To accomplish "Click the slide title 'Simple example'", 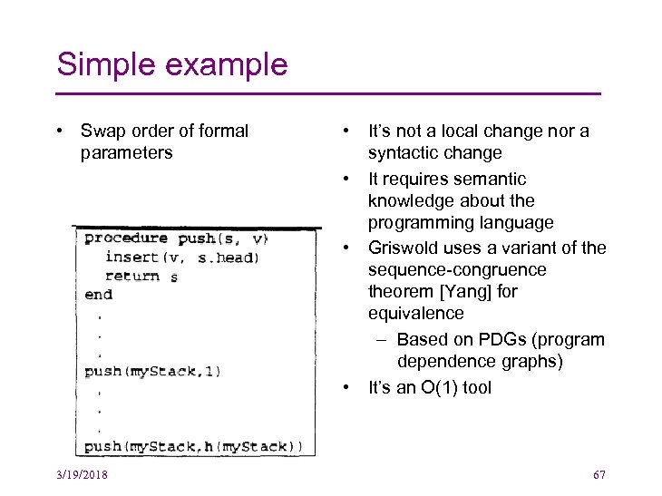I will (x=172, y=64).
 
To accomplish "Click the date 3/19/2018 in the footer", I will (x=82, y=475).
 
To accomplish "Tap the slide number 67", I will (x=599, y=475).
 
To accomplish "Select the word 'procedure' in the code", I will (x=125, y=238).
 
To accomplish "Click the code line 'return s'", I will (x=141, y=277).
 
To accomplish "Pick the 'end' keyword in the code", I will (x=98, y=295).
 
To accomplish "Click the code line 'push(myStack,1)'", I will (x=152, y=371).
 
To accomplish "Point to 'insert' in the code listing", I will (x=131, y=258).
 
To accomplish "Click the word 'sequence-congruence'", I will (x=457, y=270).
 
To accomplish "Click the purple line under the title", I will (x=328, y=93).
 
